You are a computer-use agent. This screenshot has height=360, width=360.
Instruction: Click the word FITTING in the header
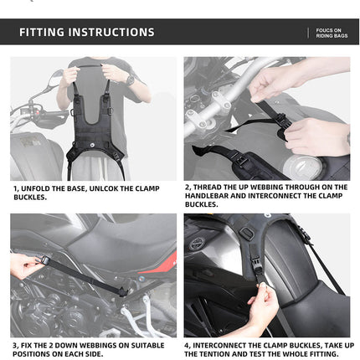(x=42, y=33)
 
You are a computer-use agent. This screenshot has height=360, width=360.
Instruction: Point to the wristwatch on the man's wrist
(x=131, y=80)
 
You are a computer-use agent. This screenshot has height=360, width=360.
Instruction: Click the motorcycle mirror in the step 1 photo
(x=55, y=80)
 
